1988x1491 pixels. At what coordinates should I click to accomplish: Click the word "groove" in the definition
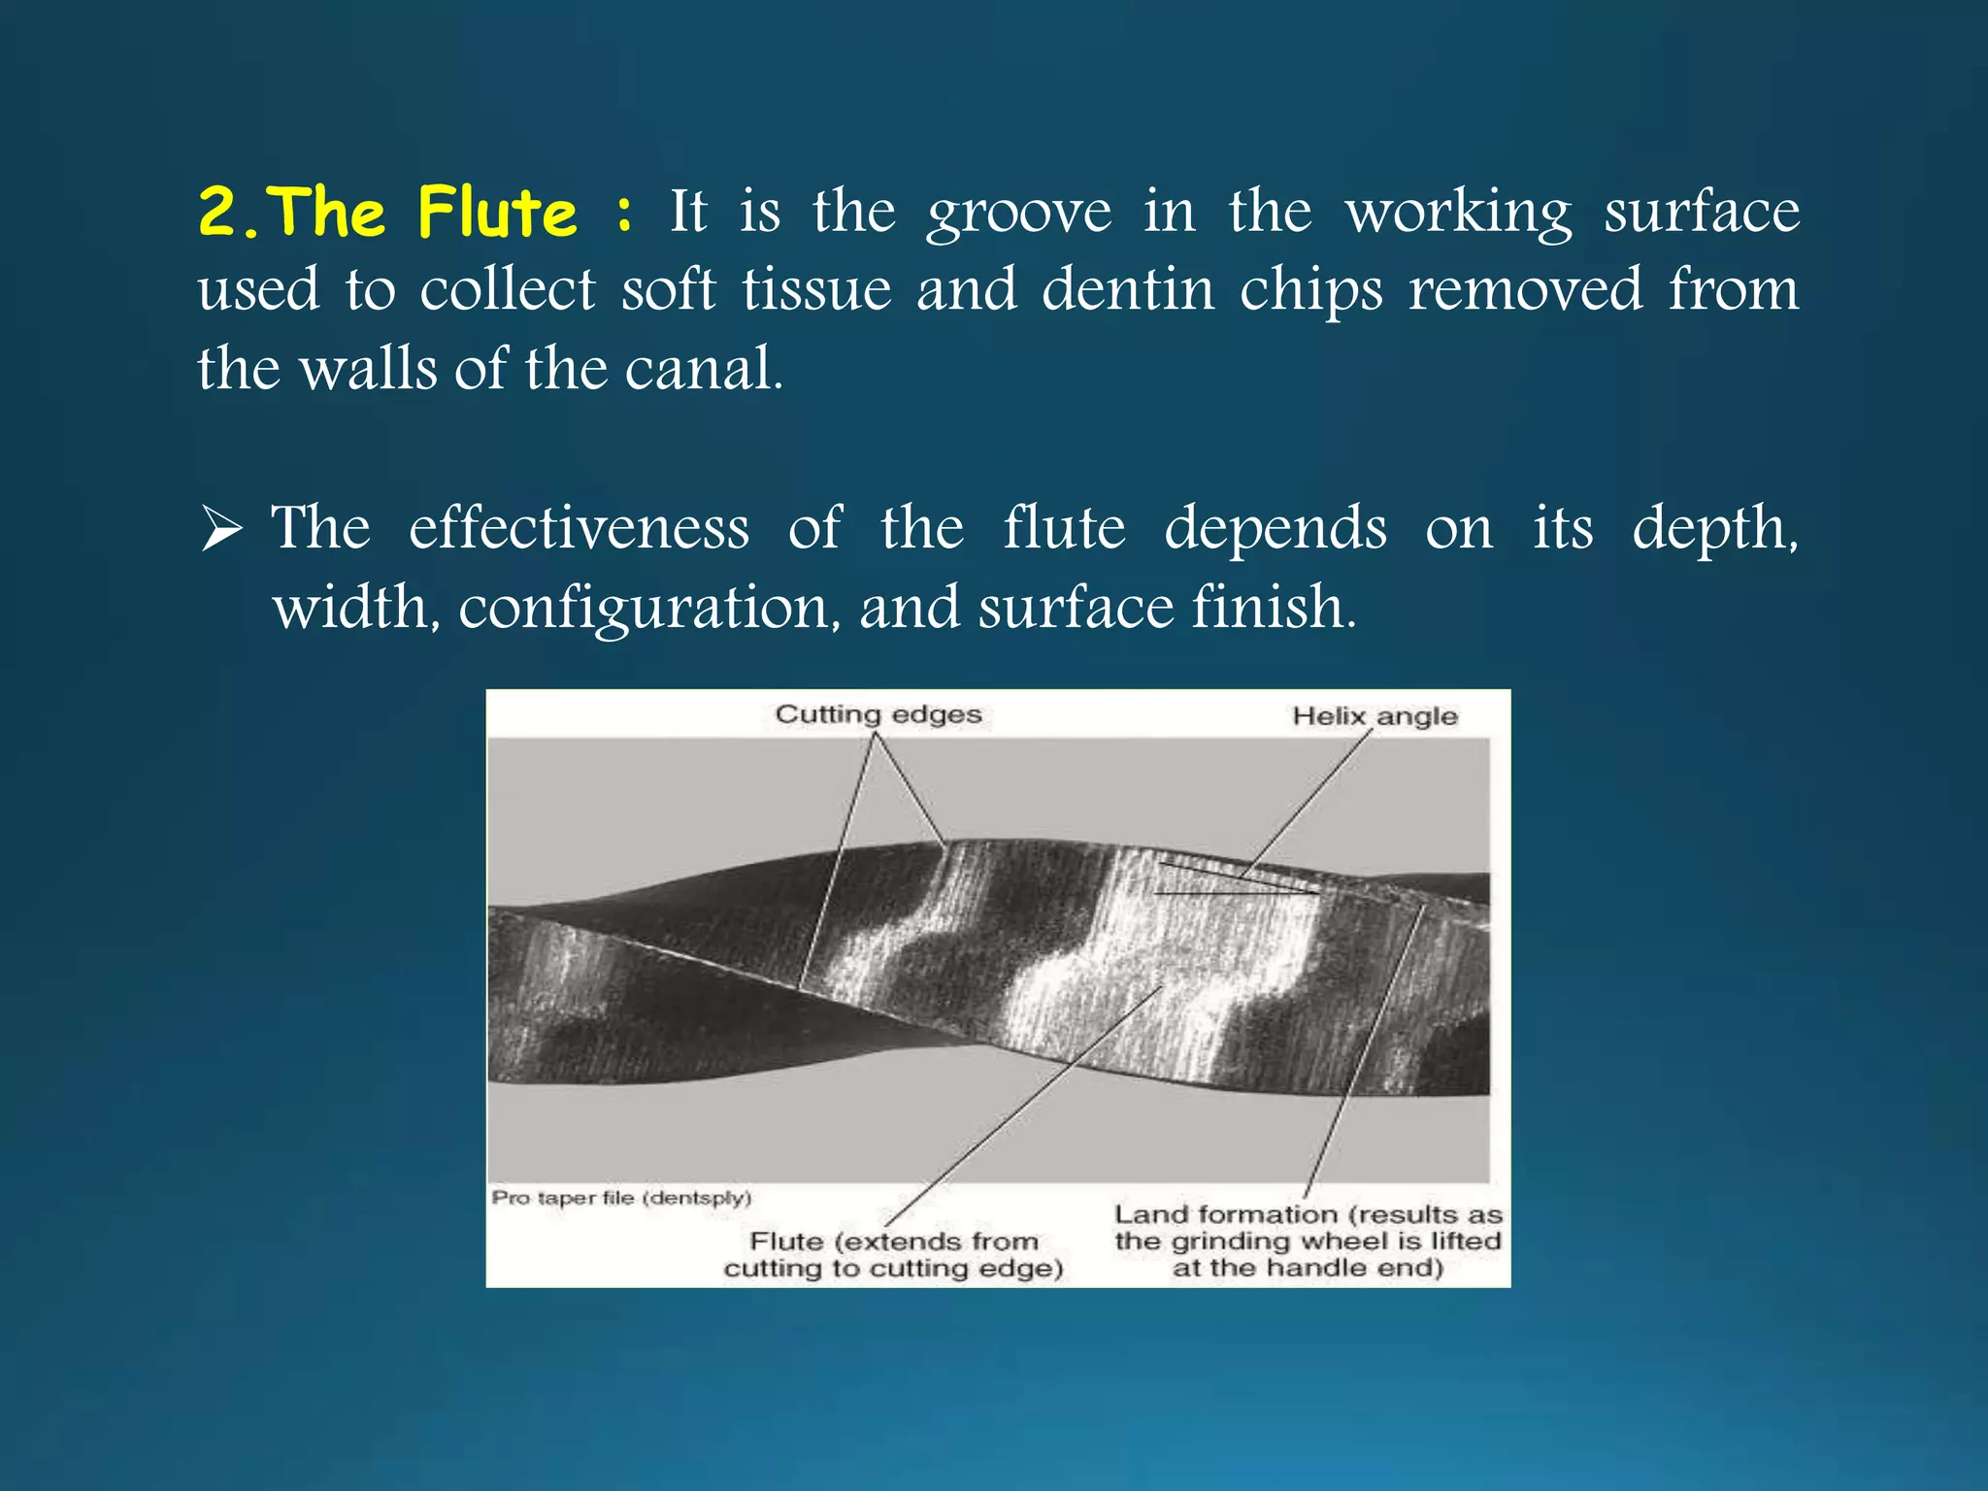[1018, 214]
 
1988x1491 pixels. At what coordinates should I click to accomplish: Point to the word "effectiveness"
[579, 528]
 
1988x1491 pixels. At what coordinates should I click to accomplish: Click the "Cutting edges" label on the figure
[878, 714]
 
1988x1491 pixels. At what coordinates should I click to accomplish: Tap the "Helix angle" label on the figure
[1375, 716]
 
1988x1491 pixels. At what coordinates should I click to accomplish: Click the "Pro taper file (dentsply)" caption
[621, 1197]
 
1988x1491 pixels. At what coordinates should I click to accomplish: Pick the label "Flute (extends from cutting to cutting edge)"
[894, 1254]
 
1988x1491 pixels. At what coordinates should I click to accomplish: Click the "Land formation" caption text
[1308, 1241]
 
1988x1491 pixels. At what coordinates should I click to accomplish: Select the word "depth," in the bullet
[1714, 530]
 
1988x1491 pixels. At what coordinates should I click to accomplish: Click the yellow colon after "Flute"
[624, 214]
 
